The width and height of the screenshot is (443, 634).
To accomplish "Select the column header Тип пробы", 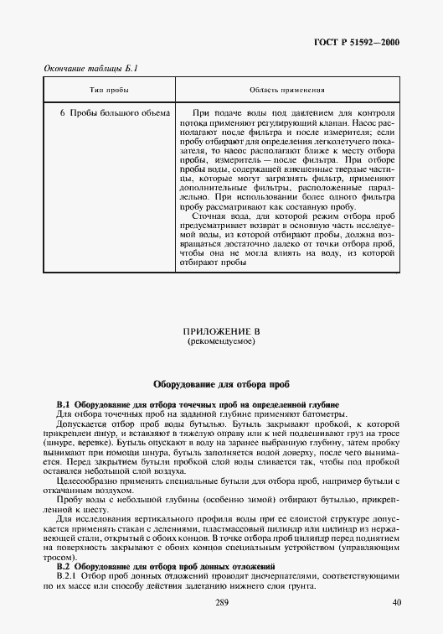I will pos(108,90).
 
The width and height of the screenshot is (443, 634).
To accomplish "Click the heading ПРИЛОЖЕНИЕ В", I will pos(221,332).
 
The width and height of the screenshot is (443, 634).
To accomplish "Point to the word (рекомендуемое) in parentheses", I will pos(221,342).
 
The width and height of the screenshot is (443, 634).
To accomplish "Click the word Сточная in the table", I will pos(209,214).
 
